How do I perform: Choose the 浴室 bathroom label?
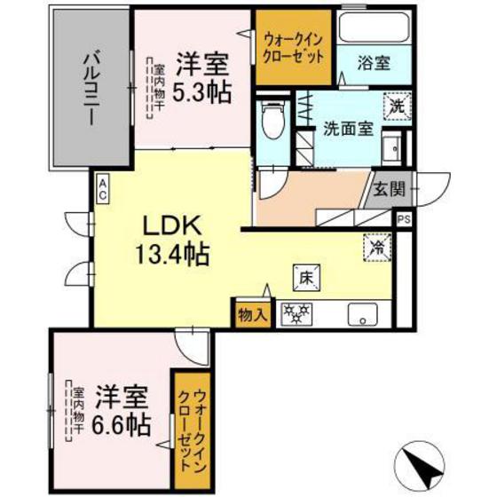[x=371, y=63]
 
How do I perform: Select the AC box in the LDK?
[x=104, y=187]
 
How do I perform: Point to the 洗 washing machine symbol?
[x=394, y=105]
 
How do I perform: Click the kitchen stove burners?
[x=295, y=312]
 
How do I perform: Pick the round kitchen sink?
[x=360, y=313]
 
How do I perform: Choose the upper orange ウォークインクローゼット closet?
[x=294, y=46]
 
